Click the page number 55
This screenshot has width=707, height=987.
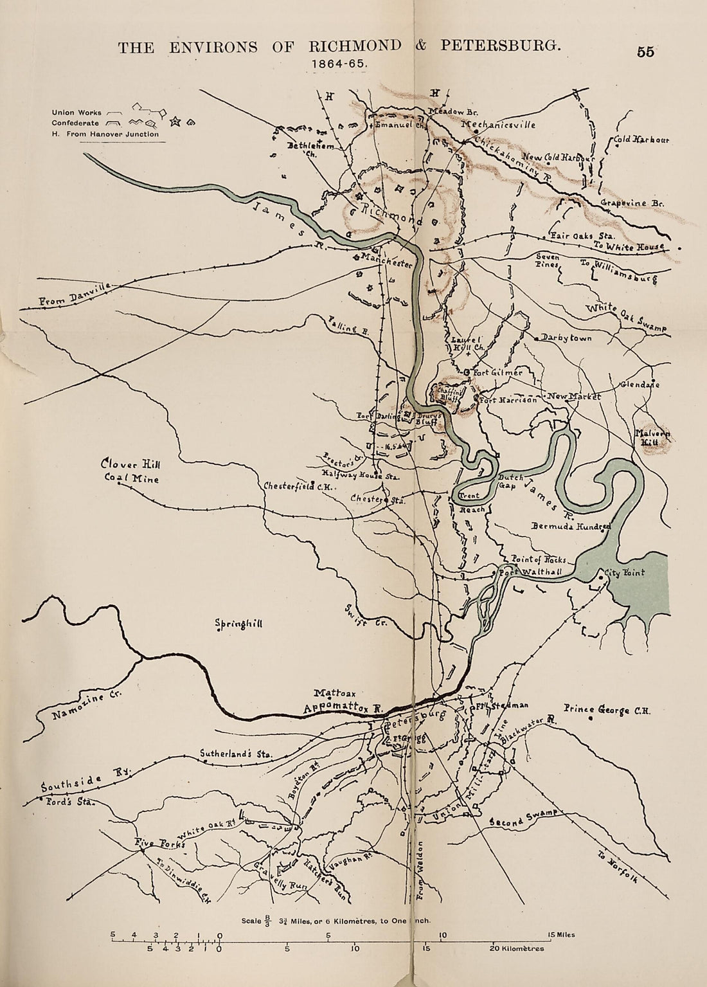tap(645, 52)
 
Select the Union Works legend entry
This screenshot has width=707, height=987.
tap(76, 113)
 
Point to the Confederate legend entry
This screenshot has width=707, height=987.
tap(75, 123)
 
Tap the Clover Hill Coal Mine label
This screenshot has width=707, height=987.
tap(130, 471)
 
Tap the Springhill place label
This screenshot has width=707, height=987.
tap(241, 623)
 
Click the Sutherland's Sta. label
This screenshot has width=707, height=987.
tap(236, 752)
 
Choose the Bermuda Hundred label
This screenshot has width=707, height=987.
tap(570, 527)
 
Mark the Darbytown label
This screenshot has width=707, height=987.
tap(566, 338)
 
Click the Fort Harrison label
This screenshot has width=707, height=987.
tap(508, 399)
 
